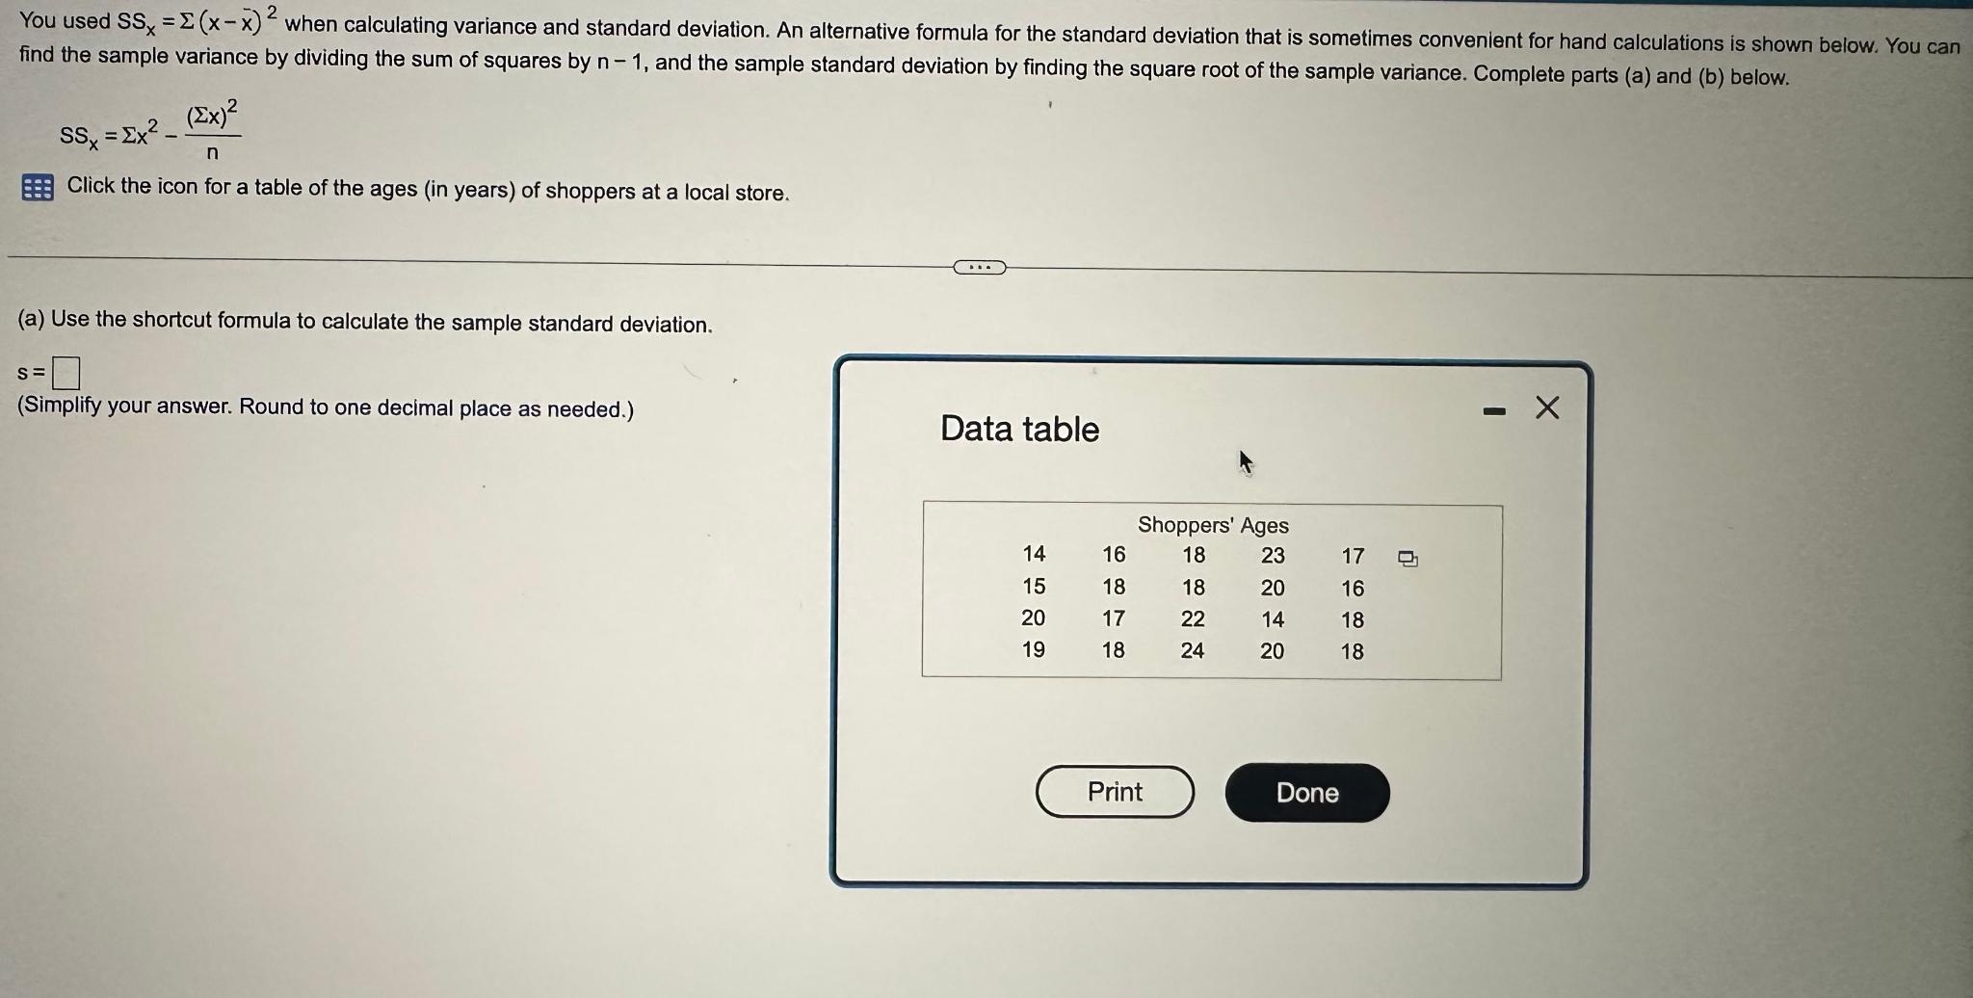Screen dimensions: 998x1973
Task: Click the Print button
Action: pos(1115,792)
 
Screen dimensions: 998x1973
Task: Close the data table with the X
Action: pos(1547,408)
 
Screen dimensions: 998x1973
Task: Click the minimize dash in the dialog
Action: pos(1494,411)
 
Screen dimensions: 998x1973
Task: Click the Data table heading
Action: pos(1019,429)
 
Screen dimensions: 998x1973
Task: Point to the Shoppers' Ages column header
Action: pos(1213,525)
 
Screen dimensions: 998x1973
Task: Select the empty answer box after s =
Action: pos(66,372)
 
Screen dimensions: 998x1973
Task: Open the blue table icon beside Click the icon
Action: pos(37,187)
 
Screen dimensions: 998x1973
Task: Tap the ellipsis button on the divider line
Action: pos(979,267)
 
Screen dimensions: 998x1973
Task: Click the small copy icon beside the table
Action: pos(1407,559)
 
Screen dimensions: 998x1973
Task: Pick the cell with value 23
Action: pos(1273,556)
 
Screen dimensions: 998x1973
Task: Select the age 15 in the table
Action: pos(1034,587)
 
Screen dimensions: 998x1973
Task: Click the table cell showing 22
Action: pos(1193,619)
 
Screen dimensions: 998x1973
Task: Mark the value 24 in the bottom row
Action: pos(1193,651)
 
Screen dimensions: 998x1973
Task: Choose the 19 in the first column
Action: pos(1034,650)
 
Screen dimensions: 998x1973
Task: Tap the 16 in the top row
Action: pos(1114,555)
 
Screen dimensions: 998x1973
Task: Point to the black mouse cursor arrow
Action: pos(1245,462)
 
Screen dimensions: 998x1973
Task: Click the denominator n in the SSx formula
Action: pos(212,153)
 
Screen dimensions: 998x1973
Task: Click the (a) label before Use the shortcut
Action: pos(32,319)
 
